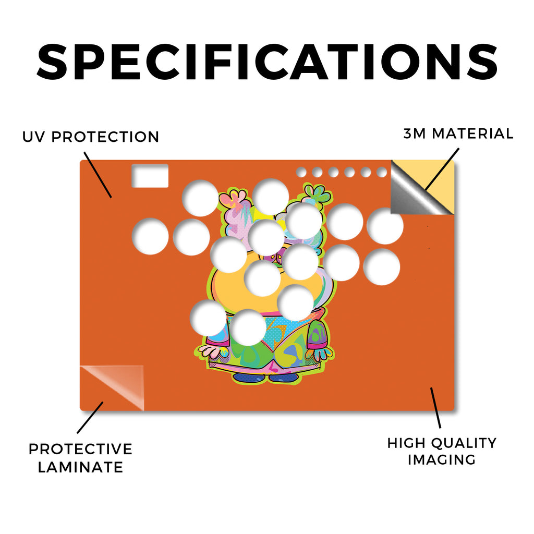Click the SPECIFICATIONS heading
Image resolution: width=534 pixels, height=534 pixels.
267,62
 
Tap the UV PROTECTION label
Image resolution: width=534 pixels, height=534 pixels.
91,137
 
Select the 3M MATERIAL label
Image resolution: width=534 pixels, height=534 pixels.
458,133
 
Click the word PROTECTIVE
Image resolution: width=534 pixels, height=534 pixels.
80,449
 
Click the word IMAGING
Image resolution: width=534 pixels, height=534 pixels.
442,460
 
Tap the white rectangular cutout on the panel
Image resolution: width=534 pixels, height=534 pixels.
150,176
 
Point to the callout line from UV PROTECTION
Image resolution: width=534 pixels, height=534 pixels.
98,175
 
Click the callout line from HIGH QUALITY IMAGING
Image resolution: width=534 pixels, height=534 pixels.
435,408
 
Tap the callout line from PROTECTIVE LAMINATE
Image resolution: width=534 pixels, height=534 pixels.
90,418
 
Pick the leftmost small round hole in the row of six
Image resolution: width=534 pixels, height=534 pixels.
301,172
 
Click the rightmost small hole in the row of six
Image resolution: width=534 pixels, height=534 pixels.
382,172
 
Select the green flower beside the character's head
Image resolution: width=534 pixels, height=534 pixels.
317,194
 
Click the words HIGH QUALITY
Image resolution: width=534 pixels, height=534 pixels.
442,443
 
